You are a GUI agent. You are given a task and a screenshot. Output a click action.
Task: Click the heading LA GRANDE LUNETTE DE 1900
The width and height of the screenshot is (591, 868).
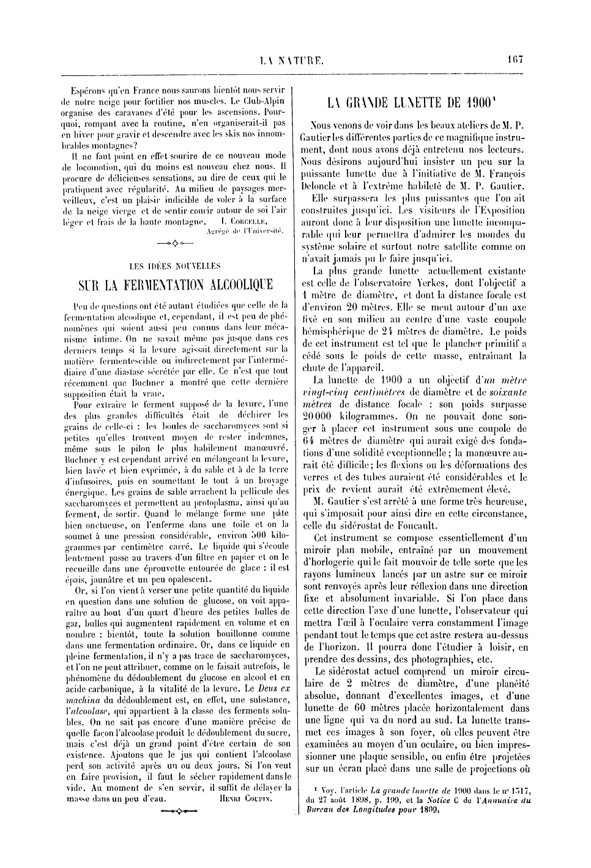click(412, 102)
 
